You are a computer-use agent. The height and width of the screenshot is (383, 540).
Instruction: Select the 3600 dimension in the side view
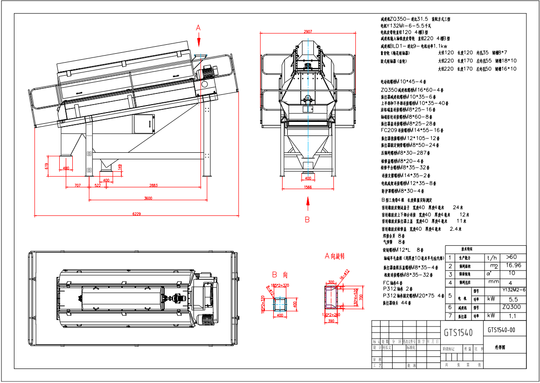tap(148, 199)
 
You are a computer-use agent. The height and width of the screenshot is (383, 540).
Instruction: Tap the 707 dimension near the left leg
tap(77, 185)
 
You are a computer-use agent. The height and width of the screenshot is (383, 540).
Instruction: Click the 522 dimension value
tap(98, 185)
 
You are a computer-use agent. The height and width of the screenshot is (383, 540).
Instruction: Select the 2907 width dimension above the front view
tap(307, 32)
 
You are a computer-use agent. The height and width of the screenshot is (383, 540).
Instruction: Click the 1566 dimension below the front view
tap(307, 187)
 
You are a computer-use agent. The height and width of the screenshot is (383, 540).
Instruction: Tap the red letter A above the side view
tap(198, 28)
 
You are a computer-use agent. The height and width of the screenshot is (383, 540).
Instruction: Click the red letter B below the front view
tap(307, 219)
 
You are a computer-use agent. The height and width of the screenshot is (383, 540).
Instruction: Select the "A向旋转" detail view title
tap(334, 256)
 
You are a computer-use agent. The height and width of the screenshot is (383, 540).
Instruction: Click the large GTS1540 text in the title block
tap(458, 333)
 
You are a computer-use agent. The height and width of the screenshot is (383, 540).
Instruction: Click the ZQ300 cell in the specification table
tap(512, 307)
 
